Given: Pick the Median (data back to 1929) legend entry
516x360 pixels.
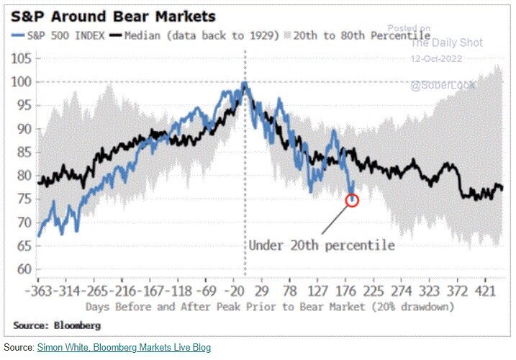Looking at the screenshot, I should (199, 35).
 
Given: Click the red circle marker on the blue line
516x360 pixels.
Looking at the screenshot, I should (352, 200).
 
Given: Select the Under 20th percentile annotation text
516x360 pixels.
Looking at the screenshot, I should (322, 245).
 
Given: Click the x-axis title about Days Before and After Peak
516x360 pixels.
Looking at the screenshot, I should (270, 306).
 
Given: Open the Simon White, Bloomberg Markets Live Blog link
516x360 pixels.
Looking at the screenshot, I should (124, 348).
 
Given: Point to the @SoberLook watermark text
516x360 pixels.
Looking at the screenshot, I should (440, 86).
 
